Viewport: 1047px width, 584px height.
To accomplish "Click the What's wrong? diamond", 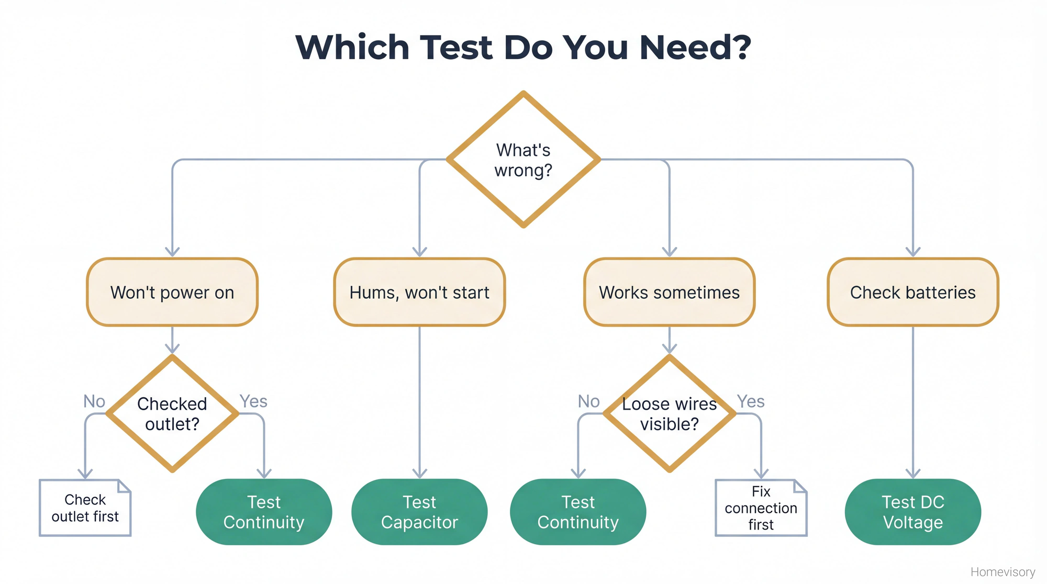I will [x=523, y=160].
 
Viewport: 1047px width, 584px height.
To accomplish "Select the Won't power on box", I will [x=172, y=292].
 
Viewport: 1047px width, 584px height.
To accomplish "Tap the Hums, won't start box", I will [x=419, y=292].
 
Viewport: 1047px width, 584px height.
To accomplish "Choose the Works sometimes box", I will [x=669, y=292].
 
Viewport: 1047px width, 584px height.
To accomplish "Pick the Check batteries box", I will [x=912, y=292].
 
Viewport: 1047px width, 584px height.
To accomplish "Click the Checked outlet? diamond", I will [x=172, y=413].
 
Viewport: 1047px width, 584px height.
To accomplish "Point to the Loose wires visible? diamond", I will [x=669, y=413].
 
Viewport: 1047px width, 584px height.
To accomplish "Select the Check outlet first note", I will [x=85, y=508].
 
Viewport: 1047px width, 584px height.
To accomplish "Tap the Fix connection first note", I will [x=761, y=508].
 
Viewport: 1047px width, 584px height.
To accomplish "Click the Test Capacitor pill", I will [x=419, y=512].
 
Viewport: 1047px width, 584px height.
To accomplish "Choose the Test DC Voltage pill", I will [x=912, y=512].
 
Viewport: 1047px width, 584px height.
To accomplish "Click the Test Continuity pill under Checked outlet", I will [x=264, y=512].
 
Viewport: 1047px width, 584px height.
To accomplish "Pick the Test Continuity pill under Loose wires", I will [x=578, y=512].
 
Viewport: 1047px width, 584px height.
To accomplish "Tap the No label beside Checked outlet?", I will [x=94, y=401].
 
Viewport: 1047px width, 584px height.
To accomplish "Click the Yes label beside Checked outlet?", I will [x=253, y=401].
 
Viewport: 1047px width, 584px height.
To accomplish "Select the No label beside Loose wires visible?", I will [x=588, y=401].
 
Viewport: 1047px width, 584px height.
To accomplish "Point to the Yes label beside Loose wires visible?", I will [x=751, y=401].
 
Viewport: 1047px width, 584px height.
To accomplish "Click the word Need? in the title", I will [x=695, y=47].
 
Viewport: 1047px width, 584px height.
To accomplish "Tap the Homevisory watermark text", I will [x=1003, y=572].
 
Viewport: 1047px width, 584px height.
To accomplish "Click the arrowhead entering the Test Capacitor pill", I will [x=419, y=474].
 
